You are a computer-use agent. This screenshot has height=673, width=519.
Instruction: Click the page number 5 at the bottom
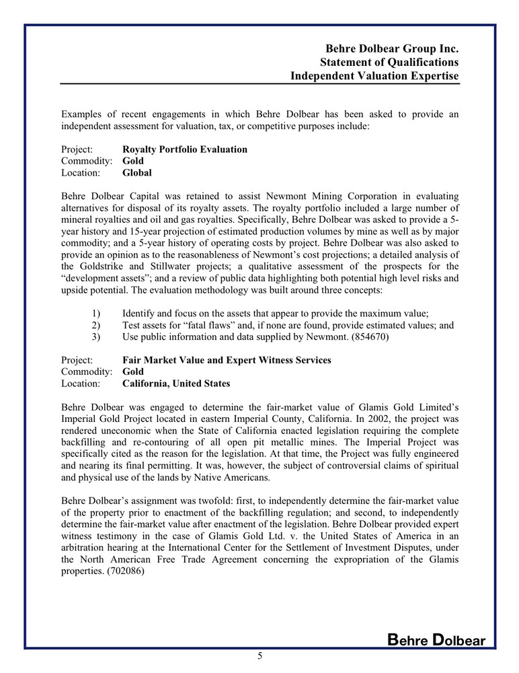click(x=259, y=658)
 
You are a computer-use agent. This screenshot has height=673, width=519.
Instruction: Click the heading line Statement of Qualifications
click(x=389, y=63)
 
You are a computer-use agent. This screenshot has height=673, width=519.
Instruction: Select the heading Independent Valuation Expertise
click(x=374, y=76)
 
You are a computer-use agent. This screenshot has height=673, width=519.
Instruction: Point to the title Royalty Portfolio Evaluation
click(x=185, y=149)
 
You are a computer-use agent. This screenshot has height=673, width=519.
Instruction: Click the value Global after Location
click(x=137, y=173)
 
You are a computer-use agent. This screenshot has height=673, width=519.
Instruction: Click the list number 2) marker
click(x=95, y=325)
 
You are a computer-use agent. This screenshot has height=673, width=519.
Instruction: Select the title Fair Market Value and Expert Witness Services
click(x=227, y=360)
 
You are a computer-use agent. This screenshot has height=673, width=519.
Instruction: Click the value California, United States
click(x=176, y=384)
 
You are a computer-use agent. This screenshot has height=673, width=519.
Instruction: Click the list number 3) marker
click(x=95, y=337)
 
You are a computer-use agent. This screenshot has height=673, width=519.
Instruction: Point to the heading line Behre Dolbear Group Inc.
click(x=392, y=49)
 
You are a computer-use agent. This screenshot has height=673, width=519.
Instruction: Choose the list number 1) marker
click(x=95, y=314)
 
